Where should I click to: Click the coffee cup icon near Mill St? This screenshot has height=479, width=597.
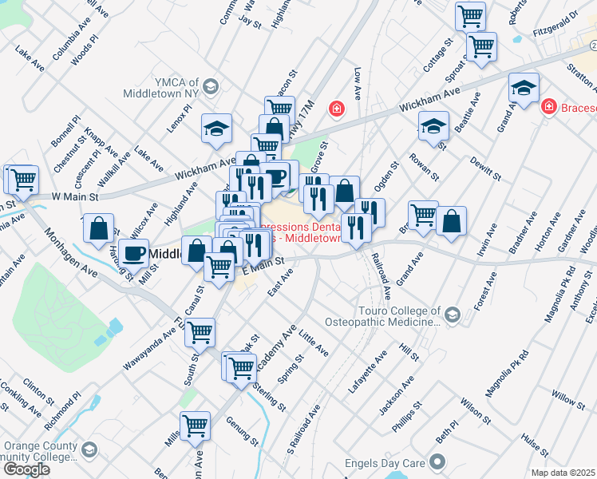coord(134,253)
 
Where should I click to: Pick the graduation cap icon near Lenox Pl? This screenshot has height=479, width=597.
coord(215,129)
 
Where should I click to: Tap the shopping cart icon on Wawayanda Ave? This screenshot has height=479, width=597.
coord(200,331)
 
